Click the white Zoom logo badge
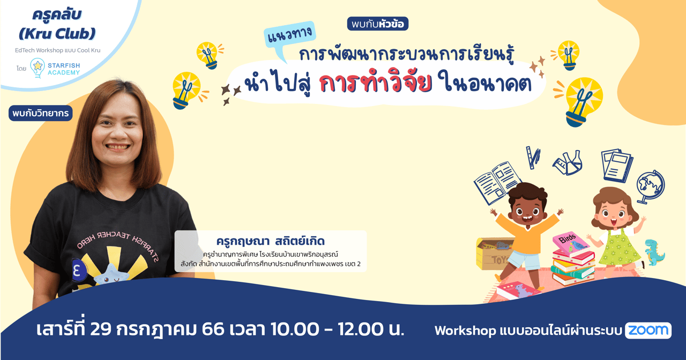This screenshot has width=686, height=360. point(648,331)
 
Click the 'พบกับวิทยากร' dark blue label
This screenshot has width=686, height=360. point(40,113)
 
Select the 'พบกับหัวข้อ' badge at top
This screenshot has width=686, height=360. point(378,24)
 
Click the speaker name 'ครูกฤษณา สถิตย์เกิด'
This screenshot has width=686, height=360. point(271,241)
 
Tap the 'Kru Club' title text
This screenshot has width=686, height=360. point(57,33)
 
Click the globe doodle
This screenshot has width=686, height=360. point(650,186)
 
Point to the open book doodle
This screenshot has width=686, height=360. point(497,183)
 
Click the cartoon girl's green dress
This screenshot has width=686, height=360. point(618,247)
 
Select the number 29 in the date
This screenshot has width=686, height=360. point(101,329)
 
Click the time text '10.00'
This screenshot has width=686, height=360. point(290,329)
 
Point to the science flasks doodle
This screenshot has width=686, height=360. point(568,163)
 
